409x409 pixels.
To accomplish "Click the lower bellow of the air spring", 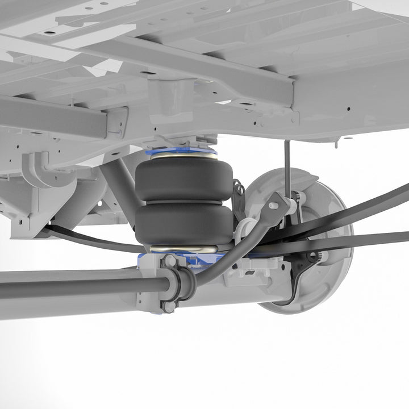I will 183,223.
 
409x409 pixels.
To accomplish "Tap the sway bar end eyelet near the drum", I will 277,202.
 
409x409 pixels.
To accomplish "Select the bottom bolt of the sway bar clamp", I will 170,306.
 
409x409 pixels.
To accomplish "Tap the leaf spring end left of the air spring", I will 62,232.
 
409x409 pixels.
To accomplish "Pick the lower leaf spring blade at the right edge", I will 386,237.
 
